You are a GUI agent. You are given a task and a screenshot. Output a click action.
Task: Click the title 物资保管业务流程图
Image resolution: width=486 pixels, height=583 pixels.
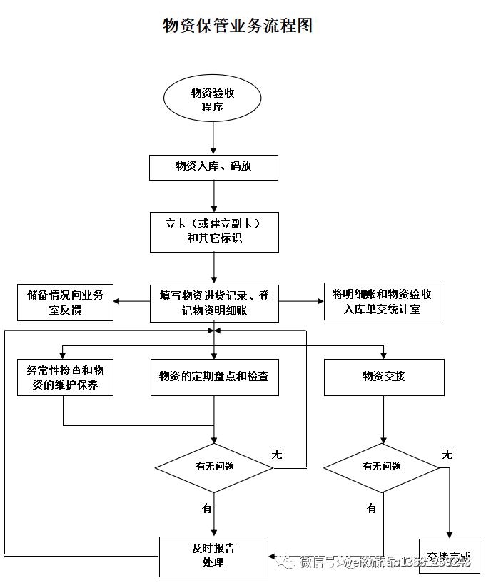[238, 26]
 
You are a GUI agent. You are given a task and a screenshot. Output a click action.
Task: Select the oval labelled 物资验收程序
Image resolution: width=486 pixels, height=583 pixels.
[213, 99]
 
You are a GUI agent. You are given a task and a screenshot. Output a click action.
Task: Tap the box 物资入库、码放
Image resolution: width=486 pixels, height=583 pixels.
[213, 167]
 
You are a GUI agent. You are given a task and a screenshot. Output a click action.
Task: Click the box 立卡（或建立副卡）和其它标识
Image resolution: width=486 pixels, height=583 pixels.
[214, 231]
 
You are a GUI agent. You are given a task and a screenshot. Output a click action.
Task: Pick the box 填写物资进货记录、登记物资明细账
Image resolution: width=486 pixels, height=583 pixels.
[214, 303]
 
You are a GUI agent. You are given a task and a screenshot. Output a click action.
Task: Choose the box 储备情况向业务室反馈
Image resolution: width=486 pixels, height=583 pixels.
[65, 303]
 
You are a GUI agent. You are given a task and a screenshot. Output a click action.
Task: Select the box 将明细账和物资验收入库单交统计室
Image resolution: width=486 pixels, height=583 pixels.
[382, 302]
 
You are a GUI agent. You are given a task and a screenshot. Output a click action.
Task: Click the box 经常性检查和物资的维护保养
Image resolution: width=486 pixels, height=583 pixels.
[65, 377]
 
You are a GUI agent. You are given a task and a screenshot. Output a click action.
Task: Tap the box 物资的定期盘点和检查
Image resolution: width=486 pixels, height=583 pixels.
[214, 377]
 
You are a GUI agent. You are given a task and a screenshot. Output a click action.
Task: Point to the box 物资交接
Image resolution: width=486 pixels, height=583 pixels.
[383, 377]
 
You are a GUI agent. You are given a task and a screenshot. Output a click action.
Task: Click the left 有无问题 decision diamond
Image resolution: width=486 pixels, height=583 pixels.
[214, 467]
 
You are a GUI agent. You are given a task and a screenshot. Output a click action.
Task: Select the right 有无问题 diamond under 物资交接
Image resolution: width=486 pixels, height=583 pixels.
[382, 467]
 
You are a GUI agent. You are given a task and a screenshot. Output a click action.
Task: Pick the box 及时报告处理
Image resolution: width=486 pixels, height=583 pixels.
[213, 556]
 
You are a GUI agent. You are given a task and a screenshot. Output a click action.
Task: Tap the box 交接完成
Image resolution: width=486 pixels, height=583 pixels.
[449, 556]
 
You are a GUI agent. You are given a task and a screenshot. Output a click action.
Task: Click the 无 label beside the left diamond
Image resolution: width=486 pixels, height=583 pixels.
[277, 454]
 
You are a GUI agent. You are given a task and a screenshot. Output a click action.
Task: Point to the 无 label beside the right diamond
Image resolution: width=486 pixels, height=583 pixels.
[447, 454]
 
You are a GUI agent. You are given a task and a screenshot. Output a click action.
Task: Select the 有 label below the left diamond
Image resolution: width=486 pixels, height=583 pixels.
[206, 508]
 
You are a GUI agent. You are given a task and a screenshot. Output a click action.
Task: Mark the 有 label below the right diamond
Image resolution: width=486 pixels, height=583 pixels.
[371, 508]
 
